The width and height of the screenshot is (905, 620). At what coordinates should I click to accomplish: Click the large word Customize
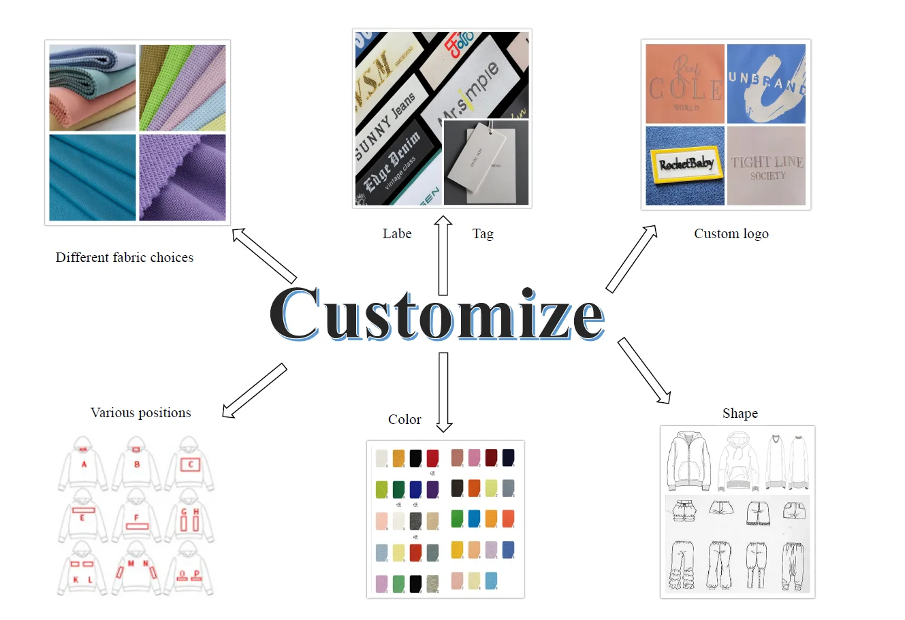coord(437,314)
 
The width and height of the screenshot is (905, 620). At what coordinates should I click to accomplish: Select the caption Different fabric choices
coord(125,257)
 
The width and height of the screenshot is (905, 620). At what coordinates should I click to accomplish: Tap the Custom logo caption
coord(731,233)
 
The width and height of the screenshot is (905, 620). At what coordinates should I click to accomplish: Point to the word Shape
coord(740,413)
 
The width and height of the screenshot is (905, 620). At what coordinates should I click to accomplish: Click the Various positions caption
coord(140,412)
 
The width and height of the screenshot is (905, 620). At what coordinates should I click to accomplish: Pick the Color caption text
coord(404,419)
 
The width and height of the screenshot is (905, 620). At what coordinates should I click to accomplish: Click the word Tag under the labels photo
coord(483,233)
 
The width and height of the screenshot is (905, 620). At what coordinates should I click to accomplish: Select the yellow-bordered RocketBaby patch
coord(685,164)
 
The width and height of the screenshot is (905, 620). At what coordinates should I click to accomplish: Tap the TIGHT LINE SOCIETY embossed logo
coord(767,166)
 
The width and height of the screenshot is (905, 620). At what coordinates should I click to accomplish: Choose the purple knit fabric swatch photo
coord(182,177)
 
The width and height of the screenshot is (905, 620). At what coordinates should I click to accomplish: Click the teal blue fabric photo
coord(93,177)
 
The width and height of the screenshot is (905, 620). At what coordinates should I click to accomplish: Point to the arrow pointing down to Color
coord(444,392)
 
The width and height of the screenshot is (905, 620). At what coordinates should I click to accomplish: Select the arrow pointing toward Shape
coord(644,370)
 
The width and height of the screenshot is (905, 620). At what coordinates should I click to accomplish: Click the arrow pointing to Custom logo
coord(632,259)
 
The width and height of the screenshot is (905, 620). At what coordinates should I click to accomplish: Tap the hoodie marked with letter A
coord(84,463)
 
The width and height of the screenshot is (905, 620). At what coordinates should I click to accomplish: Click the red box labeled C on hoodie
coord(191,465)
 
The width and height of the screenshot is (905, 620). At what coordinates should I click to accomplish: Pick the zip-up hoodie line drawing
coord(689,461)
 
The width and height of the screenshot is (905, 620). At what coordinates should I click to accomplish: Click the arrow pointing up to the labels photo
coord(443,255)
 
